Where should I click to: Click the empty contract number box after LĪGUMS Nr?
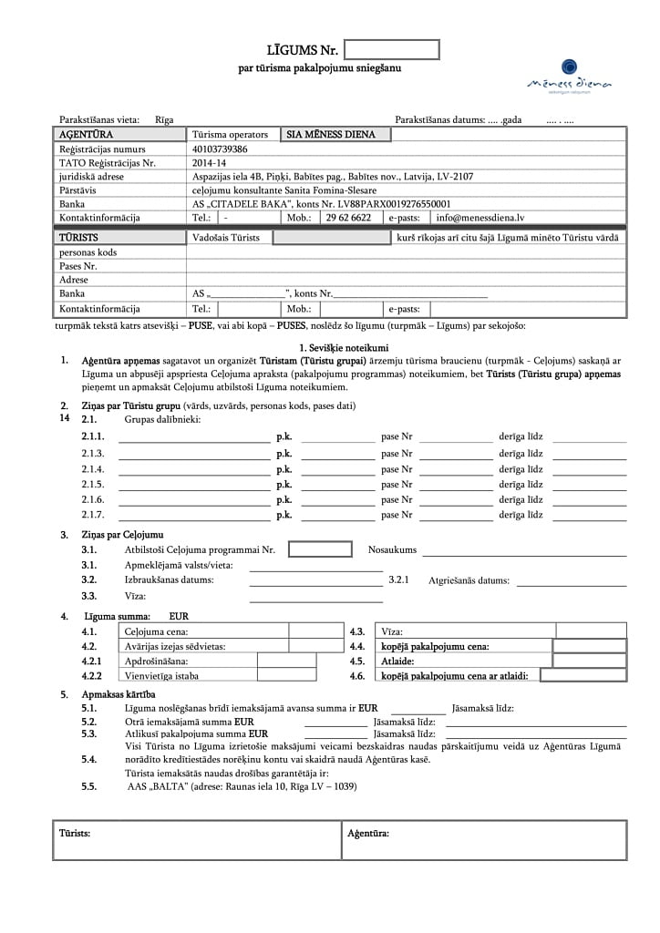(x=392, y=49)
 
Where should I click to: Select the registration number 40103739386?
(x=220, y=149)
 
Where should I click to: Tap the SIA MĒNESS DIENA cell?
(x=336, y=135)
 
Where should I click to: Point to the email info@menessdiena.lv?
(x=480, y=218)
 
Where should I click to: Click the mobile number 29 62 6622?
(x=348, y=218)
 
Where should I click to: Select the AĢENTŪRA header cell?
(x=86, y=135)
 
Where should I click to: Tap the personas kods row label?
(x=88, y=252)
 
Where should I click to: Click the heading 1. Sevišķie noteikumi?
(x=344, y=348)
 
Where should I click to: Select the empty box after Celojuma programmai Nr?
(x=320, y=549)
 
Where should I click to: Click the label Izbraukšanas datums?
(x=170, y=579)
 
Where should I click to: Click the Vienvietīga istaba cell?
(x=161, y=676)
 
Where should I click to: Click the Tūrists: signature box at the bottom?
(x=195, y=839)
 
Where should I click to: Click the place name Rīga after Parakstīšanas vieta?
(x=164, y=120)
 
